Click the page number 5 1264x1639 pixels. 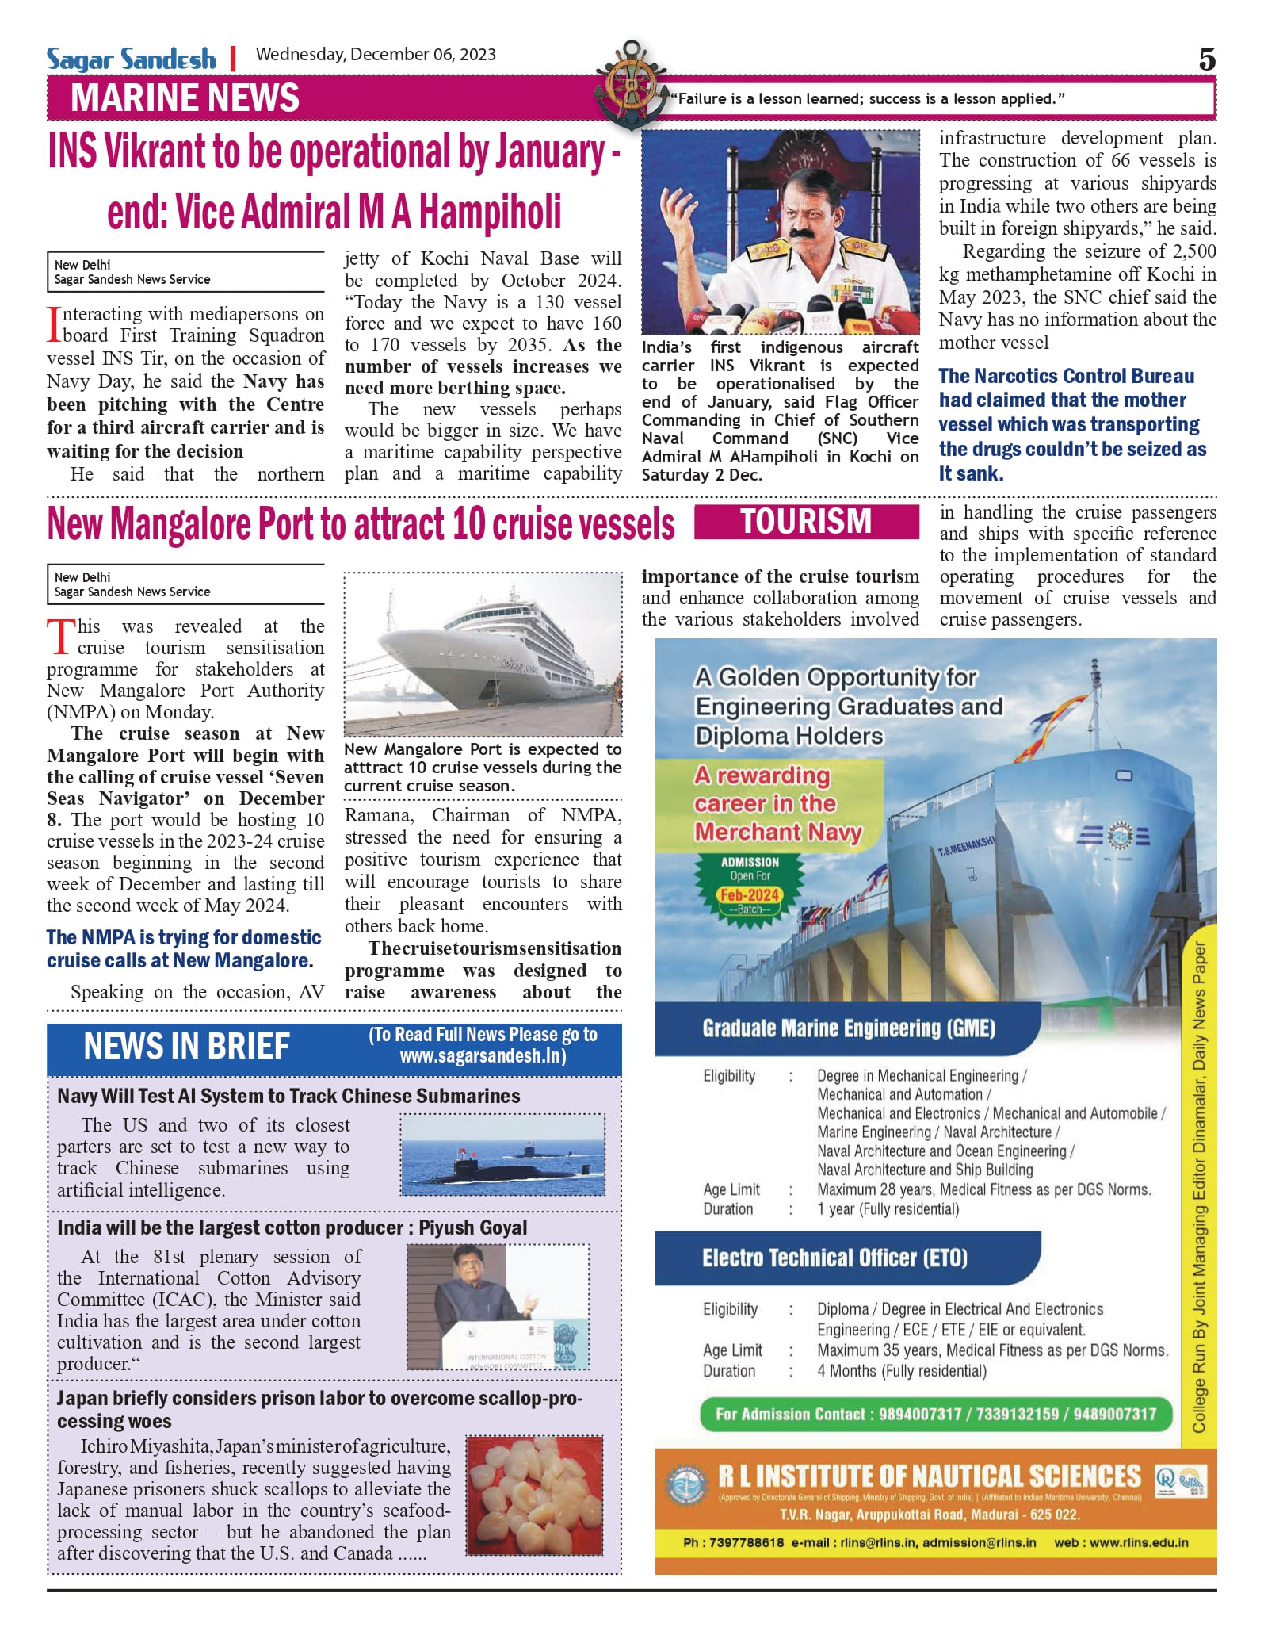pyautogui.click(x=1206, y=59)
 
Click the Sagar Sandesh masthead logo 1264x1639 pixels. pyautogui.click(x=131, y=59)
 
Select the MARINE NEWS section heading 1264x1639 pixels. pyautogui.click(x=185, y=98)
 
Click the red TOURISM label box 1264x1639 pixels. pyautogui.click(x=806, y=522)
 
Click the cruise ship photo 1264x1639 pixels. pyautogui.click(x=483, y=654)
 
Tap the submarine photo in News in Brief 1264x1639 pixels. pyautogui.click(x=502, y=1154)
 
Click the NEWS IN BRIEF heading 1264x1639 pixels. pyautogui.click(x=187, y=1047)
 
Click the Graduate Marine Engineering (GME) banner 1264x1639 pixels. pyautogui.click(x=848, y=1028)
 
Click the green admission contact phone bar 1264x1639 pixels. pyautogui.click(x=935, y=1414)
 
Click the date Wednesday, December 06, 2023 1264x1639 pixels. pyautogui.click(x=376, y=55)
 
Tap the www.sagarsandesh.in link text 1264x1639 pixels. pyautogui.click(x=483, y=1056)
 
